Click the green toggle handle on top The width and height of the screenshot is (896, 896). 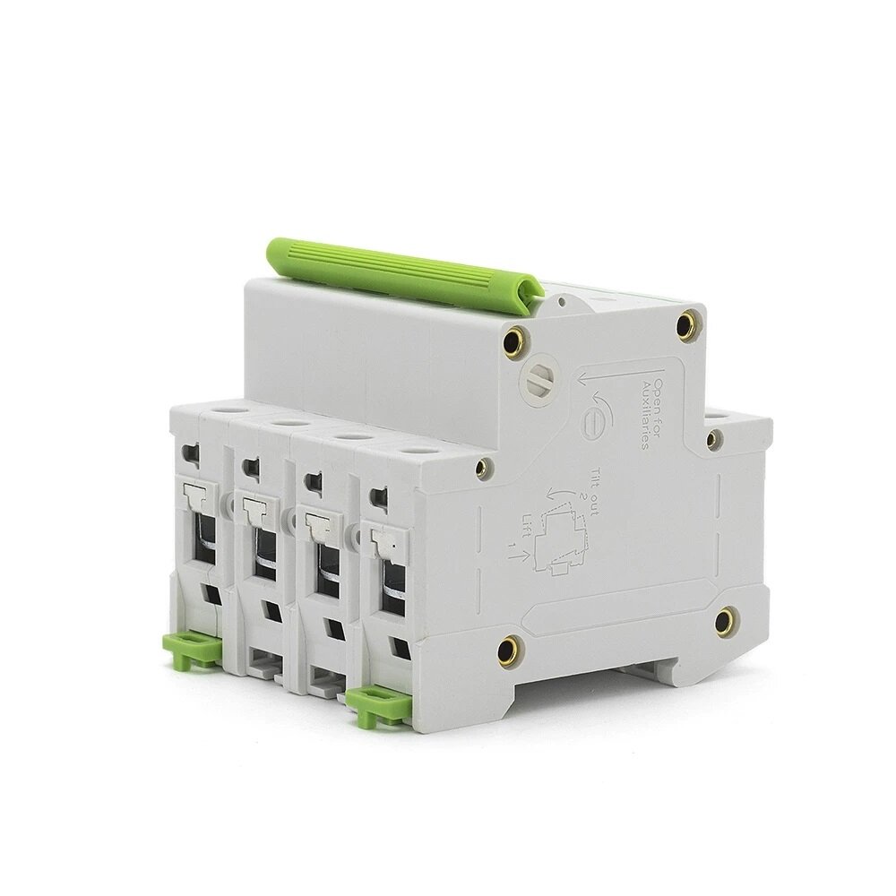coord(404,270)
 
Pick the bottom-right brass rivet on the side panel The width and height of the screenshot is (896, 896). coord(725,620)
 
